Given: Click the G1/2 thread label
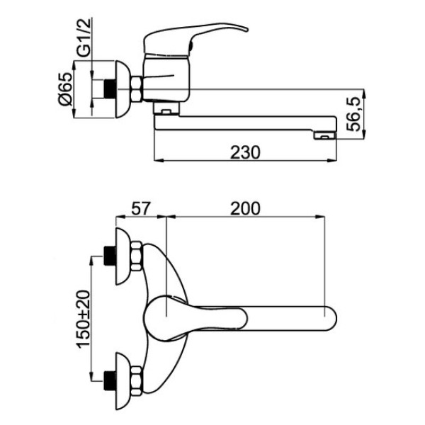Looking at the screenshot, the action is click(84, 37).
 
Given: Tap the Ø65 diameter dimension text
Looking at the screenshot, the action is click(66, 89).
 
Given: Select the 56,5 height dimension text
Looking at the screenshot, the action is click(354, 114).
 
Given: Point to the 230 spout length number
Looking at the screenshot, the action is click(245, 152).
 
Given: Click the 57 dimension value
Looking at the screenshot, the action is click(141, 209).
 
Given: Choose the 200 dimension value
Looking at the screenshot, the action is click(245, 209).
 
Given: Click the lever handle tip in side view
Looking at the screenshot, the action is click(246, 29).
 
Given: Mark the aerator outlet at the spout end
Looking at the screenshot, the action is click(324, 135).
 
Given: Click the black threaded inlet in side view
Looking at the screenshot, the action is click(110, 89).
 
